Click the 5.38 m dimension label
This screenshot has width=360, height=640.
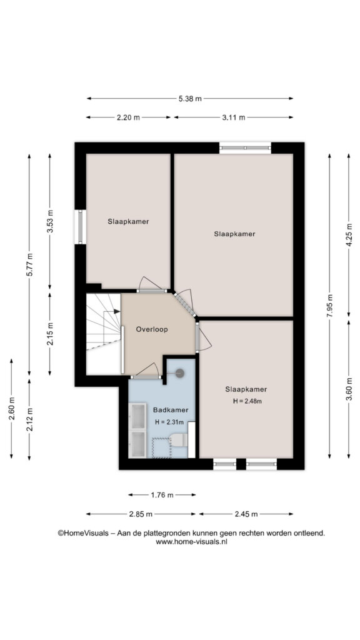tap(190, 98)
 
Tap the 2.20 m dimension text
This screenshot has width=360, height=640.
tap(128, 117)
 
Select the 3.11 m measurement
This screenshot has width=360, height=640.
tap(234, 117)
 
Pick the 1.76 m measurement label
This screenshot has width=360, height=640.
tap(162, 495)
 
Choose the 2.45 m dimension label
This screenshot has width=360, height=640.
tap(246, 514)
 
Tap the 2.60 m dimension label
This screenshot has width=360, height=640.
tap(11, 408)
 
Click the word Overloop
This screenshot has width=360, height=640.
tap(152, 329)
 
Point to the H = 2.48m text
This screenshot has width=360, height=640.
tap(247, 401)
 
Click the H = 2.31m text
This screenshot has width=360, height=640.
tap(169, 422)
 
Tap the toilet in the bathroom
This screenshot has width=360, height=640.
tap(178, 440)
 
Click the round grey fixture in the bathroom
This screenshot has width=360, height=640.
tap(179, 372)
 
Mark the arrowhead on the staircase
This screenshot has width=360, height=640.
tap(117, 311)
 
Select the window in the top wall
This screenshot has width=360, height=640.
tap(245, 147)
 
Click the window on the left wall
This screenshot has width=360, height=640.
tap(81, 227)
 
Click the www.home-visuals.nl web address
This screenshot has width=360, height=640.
tap(191, 542)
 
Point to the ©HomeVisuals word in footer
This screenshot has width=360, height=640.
tap(83, 533)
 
